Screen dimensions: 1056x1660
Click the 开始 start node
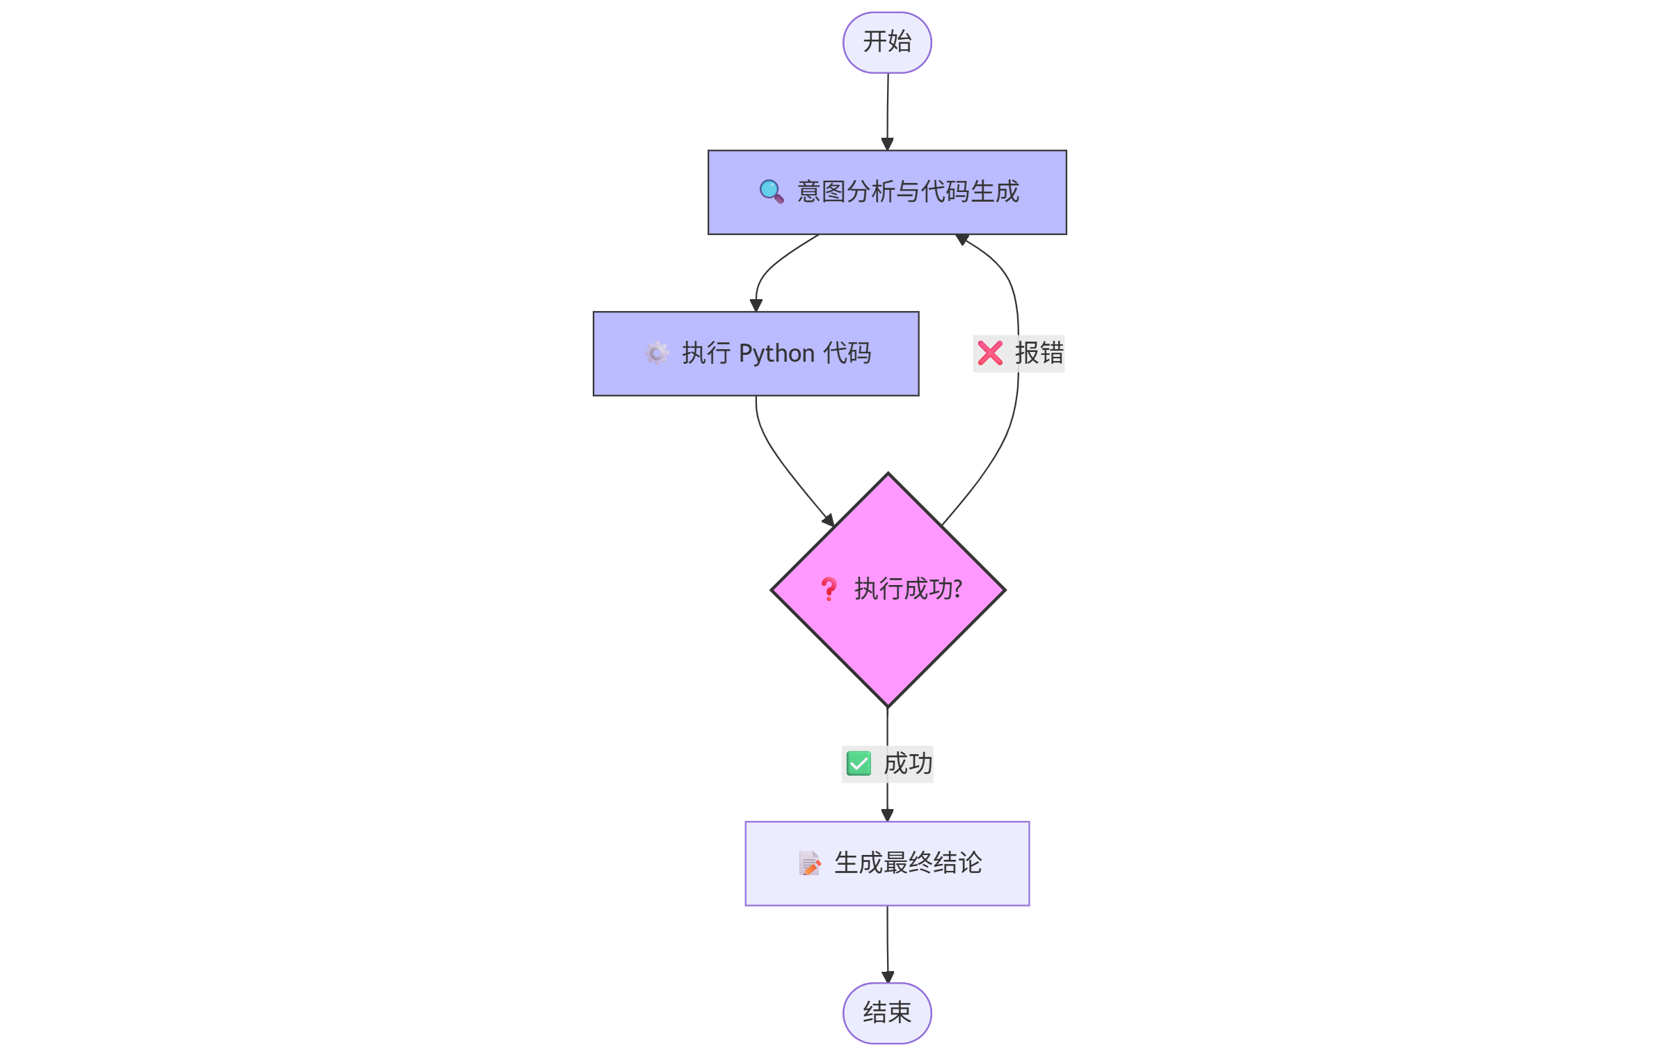[887, 42]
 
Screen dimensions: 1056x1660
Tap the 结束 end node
[887, 1013]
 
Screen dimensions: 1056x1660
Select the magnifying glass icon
[771, 191]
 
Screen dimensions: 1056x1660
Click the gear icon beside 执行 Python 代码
[656, 353]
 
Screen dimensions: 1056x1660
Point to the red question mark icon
[828, 589]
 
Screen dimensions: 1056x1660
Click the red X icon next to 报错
[990, 353]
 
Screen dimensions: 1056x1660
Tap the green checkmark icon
[859, 764]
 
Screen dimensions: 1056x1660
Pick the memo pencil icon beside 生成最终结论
[809, 863]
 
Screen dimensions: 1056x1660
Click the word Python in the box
[776, 353]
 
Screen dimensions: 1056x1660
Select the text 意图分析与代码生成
[907, 191]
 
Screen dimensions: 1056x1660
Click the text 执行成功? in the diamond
[908, 589]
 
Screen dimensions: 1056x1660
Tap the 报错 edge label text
[1039, 353]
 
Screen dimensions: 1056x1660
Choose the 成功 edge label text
[908, 764]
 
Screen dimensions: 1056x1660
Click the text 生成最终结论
[908, 863]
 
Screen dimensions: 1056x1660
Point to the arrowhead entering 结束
[888, 977]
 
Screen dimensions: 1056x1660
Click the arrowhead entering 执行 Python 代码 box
[756, 305]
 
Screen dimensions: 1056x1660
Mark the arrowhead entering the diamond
[829, 520]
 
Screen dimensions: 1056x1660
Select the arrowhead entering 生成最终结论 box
[887, 815]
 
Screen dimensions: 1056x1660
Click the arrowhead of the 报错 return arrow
[962, 239]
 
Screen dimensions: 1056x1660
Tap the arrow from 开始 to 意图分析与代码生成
[888, 111]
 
